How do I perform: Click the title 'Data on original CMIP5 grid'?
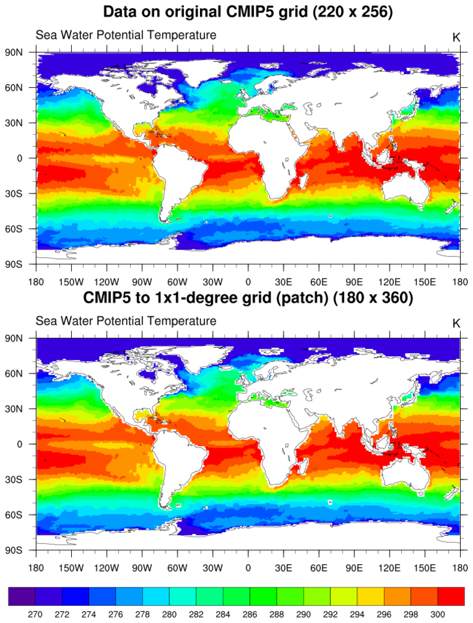click(x=247, y=11)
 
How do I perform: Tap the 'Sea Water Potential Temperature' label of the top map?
click(x=126, y=35)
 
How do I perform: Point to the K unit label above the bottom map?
click(x=456, y=323)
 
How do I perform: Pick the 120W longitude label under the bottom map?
click(x=107, y=568)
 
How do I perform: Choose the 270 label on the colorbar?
click(x=36, y=612)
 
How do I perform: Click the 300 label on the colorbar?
click(x=438, y=612)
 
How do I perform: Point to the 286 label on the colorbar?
click(x=250, y=612)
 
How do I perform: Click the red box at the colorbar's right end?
click(x=452, y=596)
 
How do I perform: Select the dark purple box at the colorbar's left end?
click(x=21, y=596)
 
